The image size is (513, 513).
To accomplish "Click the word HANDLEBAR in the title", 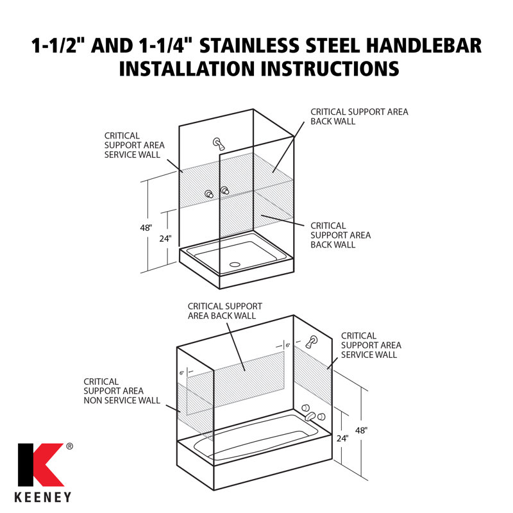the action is click(x=424, y=46).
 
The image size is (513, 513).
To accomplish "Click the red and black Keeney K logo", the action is click(x=41, y=465).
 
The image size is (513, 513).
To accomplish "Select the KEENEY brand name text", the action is click(x=43, y=497).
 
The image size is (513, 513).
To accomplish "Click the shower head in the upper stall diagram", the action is click(x=218, y=144).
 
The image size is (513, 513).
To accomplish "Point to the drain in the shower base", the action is click(x=235, y=264).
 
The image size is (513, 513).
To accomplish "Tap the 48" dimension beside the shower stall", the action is click(x=146, y=228).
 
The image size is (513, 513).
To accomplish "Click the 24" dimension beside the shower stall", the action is click(x=165, y=239).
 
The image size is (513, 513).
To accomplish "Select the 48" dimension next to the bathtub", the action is click(x=361, y=430).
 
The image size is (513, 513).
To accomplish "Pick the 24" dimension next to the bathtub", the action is click(x=342, y=439).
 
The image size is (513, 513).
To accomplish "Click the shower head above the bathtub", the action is click(x=311, y=342).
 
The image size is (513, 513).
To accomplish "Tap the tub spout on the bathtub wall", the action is click(x=310, y=416).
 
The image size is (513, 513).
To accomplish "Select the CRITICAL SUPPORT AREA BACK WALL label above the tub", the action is click(x=225, y=311).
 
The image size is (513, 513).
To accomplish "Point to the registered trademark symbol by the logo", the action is click(x=70, y=446).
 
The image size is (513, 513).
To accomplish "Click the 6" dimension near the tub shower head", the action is click(x=287, y=345).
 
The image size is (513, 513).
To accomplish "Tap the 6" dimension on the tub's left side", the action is click(x=182, y=373).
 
